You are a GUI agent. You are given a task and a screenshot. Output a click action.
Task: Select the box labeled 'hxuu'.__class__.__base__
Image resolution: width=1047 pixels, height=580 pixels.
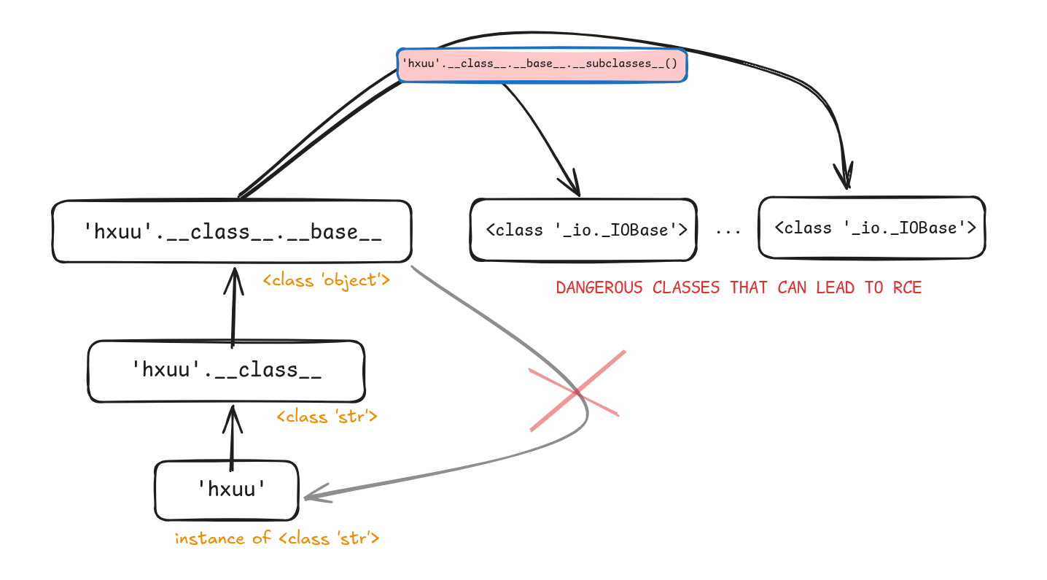pos(232,232)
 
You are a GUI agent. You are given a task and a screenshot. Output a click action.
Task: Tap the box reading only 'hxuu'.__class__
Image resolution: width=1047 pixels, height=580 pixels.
pos(226,371)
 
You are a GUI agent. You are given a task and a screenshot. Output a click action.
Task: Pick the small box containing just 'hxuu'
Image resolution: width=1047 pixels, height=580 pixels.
pos(227,490)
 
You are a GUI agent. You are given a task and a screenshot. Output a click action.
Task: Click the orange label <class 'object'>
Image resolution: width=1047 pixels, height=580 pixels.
pos(327,279)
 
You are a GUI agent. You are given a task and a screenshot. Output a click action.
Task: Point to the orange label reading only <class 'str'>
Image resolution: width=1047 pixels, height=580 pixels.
pos(327,417)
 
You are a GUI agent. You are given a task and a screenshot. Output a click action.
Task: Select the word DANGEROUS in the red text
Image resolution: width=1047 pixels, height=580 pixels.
pos(599,287)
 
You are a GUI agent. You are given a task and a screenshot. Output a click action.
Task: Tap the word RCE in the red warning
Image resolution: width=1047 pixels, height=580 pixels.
pos(907,287)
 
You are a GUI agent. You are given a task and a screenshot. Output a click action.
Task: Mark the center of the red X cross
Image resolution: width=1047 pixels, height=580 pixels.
pos(577,393)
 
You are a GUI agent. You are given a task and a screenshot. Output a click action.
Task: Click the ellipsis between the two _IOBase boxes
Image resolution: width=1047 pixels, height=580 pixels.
pos(727,231)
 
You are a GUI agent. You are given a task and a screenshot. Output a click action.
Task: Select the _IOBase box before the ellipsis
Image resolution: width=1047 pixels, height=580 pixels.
pos(583,230)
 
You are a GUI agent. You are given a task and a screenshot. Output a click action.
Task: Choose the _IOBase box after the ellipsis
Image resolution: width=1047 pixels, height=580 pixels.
pos(872,228)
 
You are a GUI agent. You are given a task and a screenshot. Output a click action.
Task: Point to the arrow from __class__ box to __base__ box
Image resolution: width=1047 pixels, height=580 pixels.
pos(233,303)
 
